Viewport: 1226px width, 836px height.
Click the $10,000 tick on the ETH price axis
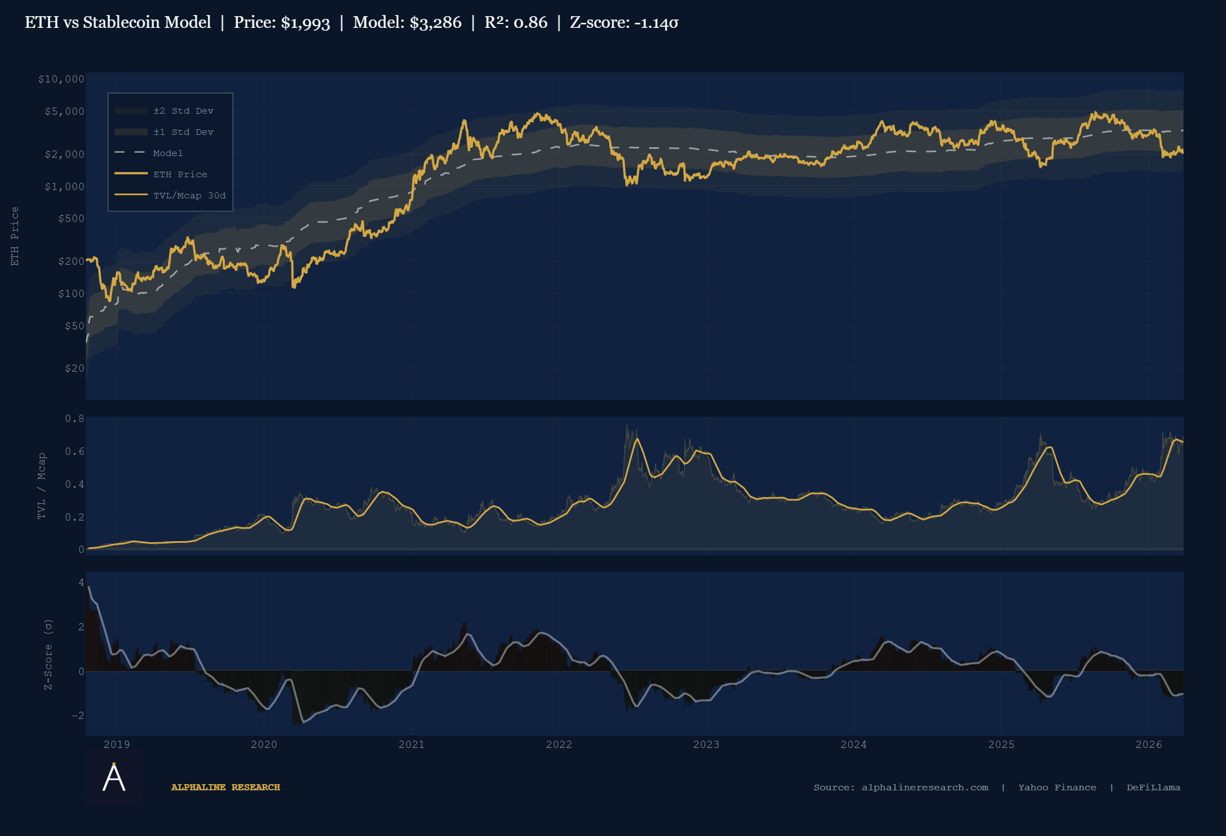pyautogui.click(x=61, y=79)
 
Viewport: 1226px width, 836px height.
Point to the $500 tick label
pyautogui.click(x=71, y=218)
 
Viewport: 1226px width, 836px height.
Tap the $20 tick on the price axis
pyautogui.click(x=75, y=368)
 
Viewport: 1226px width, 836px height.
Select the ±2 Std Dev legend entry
pyautogui.click(x=183, y=111)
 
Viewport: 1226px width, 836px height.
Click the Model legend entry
pyautogui.click(x=168, y=153)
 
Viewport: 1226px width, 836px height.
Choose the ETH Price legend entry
pyautogui.click(x=180, y=174)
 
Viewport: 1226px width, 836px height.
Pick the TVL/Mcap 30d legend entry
pyautogui.click(x=189, y=196)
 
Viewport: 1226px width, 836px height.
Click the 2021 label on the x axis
pyautogui.click(x=411, y=745)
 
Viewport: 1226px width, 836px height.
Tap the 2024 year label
pyautogui.click(x=853, y=745)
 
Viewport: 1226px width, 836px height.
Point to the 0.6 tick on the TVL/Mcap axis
pyautogui.click(x=75, y=451)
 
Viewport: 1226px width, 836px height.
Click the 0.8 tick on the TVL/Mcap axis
pyautogui.click(x=75, y=419)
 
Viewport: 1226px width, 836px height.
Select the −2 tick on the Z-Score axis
pyautogui.click(x=77, y=716)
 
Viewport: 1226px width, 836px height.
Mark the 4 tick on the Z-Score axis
pyautogui.click(x=81, y=582)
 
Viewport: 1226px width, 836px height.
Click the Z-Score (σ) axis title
pyautogui.click(x=48, y=654)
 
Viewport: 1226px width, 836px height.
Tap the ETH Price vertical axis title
pyautogui.click(x=15, y=236)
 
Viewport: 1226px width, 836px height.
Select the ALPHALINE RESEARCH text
pyautogui.click(x=225, y=788)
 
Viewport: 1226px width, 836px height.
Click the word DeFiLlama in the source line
pyautogui.click(x=1153, y=788)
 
